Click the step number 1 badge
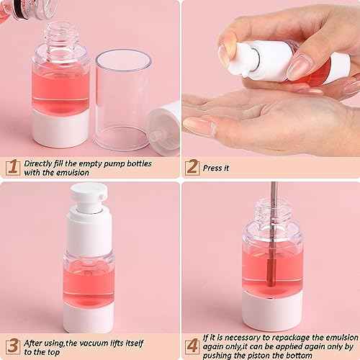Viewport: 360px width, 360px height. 11,167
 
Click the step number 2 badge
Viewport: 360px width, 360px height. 192,167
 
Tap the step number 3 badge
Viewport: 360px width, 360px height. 11,344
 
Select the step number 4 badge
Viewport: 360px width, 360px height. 192,344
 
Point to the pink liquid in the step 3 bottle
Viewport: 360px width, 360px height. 91,271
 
